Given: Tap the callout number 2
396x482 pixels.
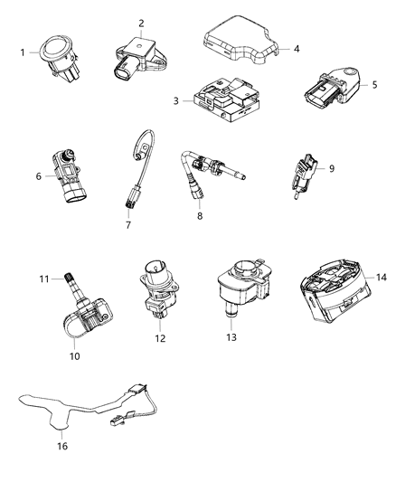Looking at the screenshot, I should click(x=141, y=23).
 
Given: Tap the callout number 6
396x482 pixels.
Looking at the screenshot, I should click(x=39, y=176).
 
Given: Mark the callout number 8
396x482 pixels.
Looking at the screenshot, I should click(x=201, y=218).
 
